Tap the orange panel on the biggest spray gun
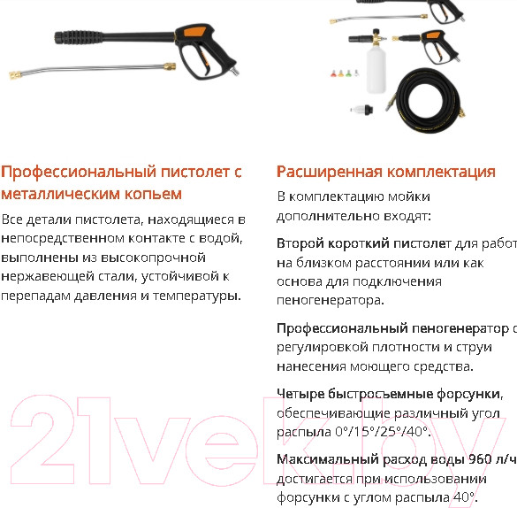pyautogui.click(x=189, y=33)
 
